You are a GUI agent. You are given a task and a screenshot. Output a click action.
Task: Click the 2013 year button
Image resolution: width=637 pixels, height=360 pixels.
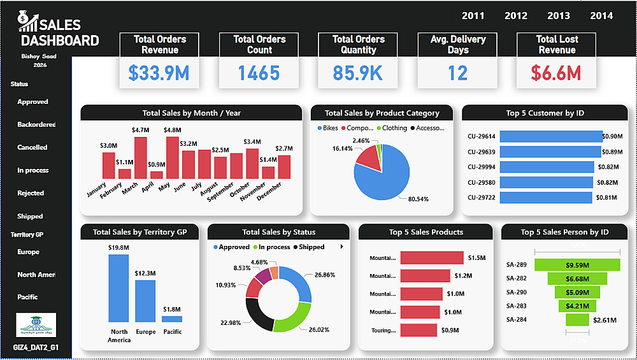[559, 15]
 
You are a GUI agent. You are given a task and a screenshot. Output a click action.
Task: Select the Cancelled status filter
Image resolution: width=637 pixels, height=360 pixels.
[32, 147]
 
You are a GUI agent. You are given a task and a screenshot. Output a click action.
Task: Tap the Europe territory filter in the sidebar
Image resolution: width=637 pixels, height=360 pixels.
[29, 252]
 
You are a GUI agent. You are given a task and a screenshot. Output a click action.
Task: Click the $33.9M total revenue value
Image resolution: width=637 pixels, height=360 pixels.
[159, 73]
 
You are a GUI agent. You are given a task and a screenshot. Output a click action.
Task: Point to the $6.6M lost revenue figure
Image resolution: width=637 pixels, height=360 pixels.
[556, 73]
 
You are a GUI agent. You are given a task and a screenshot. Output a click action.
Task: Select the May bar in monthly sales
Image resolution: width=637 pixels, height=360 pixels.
[172, 157]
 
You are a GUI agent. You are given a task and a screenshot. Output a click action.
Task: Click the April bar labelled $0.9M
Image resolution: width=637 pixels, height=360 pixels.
[156, 175]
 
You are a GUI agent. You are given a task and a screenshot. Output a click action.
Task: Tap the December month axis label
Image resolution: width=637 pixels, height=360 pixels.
[270, 192]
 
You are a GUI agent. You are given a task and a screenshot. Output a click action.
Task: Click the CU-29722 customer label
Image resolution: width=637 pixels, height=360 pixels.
[482, 198]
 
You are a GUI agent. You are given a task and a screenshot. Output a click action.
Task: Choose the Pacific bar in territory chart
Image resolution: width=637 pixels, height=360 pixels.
[172, 319]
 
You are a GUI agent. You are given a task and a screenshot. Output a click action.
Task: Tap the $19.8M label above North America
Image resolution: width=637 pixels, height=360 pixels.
[118, 247]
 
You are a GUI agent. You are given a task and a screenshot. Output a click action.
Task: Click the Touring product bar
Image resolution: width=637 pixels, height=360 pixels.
[419, 330]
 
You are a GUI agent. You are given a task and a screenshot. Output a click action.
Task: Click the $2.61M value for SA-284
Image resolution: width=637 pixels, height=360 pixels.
[605, 319]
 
